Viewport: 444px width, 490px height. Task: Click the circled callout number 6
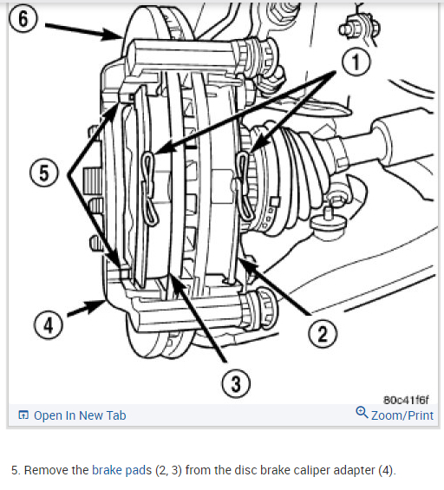tap(23, 18)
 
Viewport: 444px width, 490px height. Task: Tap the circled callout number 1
tap(356, 62)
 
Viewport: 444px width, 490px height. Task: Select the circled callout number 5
tap(43, 173)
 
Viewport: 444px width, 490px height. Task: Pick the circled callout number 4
tap(49, 325)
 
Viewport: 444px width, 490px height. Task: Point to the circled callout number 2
tap(323, 333)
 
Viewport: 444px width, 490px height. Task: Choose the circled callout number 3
tap(236, 383)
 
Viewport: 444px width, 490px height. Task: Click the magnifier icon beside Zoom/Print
tap(362, 413)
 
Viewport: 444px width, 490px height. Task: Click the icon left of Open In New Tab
tap(23, 415)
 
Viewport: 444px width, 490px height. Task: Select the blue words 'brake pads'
tap(122, 470)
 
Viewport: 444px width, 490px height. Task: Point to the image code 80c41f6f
tap(406, 400)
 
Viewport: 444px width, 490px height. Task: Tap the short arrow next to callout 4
tap(87, 308)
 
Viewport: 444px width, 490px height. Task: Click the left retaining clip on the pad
tap(150, 188)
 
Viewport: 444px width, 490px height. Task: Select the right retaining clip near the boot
tap(244, 186)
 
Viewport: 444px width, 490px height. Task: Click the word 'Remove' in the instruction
tap(56, 470)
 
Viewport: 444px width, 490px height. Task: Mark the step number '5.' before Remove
tap(16, 470)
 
